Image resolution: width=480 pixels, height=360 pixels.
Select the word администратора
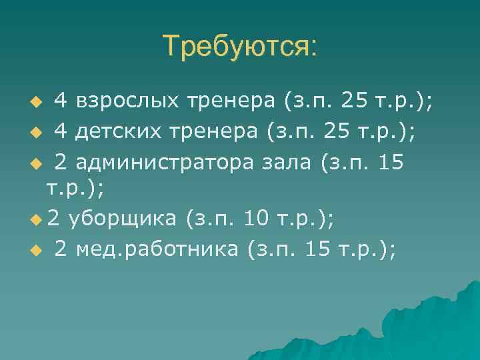(161, 162)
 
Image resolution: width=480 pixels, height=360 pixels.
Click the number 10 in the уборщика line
(256, 218)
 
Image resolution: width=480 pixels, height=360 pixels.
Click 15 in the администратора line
(391, 162)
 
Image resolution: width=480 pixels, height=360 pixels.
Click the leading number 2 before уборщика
(53, 218)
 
